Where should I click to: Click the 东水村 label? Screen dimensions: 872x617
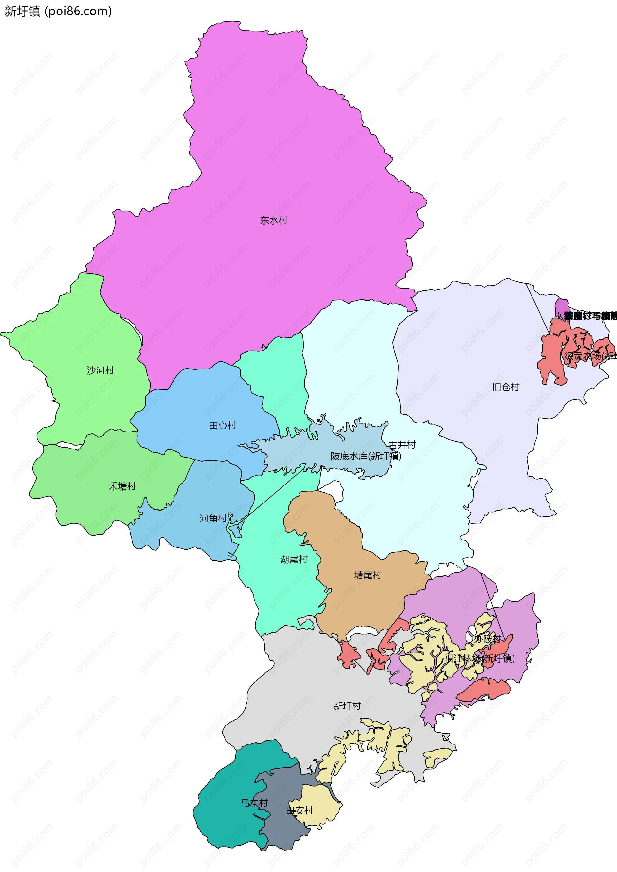(x=273, y=221)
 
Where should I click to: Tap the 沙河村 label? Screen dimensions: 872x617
(x=100, y=370)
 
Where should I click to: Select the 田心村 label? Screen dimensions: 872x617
(x=223, y=425)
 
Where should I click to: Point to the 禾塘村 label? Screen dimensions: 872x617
(x=122, y=486)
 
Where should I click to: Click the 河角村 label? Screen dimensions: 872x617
(x=213, y=519)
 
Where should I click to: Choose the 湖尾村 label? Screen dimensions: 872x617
(x=293, y=559)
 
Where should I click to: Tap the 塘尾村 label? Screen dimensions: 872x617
(x=367, y=575)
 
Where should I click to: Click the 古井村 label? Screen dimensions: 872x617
(x=402, y=445)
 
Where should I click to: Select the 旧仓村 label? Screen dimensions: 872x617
(x=505, y=387)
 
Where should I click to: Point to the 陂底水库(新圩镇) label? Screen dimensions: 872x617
(x=365, y=456)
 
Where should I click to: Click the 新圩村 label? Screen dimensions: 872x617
(x=346, y=706)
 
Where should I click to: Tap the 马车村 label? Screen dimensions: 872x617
(x=254, y=803)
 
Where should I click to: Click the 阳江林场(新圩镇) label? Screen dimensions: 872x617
(x=479, y=658)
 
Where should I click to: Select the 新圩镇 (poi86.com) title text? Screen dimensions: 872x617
(x=58, y=11)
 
